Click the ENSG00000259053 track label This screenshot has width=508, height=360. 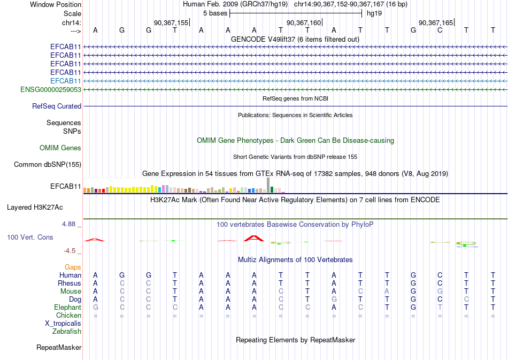51,89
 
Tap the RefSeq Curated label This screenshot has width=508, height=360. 57,106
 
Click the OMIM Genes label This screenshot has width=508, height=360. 60,148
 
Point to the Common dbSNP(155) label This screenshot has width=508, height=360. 48,165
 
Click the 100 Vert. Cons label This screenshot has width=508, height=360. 30,237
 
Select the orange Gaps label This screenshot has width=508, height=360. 73,267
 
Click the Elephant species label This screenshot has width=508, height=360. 68,308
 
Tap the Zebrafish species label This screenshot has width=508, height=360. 67,332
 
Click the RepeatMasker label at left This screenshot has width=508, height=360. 59,348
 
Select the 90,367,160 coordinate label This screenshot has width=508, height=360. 304,23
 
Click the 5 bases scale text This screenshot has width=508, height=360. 214,13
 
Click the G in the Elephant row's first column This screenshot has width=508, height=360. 96,308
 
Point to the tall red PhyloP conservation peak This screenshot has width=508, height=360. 254,238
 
